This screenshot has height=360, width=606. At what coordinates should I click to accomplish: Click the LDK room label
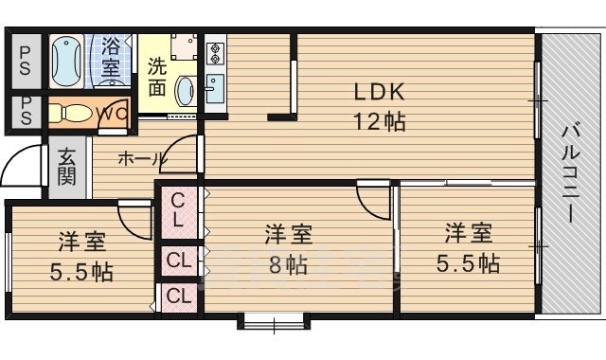[x=380, y=93]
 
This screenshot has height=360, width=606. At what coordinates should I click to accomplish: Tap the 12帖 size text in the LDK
[x=380, y=121]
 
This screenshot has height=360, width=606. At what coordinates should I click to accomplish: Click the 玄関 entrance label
[x=66, y=166]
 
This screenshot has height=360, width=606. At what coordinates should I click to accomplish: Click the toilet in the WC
[x=74, y=113]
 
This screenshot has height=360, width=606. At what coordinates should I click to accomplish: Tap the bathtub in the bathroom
[x=66, y=63]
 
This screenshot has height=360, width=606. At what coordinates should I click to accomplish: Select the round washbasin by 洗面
[x=186, y=92]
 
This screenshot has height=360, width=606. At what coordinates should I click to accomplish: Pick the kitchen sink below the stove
[x=213, y=90]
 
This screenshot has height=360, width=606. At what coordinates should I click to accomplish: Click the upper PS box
[x=26, y=61]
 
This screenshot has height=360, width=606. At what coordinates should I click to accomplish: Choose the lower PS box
[x=26, y=111]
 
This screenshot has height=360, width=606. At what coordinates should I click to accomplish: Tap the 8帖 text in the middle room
[x=289, y=262]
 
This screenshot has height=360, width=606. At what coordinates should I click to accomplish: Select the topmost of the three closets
[x=178, y=212]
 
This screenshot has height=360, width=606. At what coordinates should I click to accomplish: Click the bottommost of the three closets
[x=178, y=296]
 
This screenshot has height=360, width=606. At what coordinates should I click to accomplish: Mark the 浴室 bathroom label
[x=112, y=56]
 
